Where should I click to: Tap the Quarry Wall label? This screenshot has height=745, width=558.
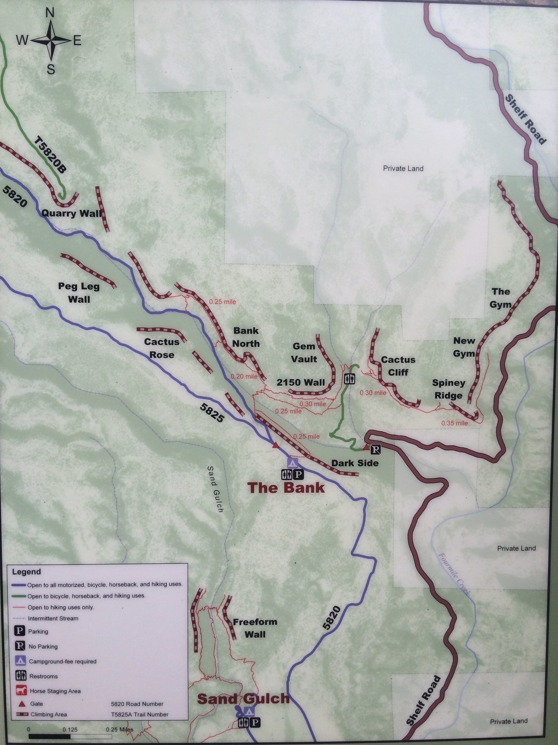[x=71, y=214]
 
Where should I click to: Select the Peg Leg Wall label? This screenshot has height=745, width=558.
[x=79, y=293]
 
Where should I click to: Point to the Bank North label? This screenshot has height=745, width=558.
[x=246, y=337]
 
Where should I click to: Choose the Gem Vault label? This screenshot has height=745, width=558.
[x=304, y=352]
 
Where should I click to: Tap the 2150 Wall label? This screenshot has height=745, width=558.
[x=301, y=382]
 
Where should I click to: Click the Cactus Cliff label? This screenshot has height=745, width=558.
[x=398, y=366]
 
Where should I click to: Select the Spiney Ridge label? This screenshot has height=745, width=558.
[x=448, y=389]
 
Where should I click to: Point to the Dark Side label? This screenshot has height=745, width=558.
[x=355, y=463]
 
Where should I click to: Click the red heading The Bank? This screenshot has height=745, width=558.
[x=286, y=487]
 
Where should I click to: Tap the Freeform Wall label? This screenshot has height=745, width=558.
[x=255, y=628]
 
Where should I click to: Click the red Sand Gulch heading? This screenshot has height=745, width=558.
[x=243, y=699]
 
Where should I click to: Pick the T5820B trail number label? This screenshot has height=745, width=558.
[x=50, y=154]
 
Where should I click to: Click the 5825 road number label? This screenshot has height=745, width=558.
[x=212, y=412]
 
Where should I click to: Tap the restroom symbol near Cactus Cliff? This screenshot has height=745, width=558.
[x=350, y=379]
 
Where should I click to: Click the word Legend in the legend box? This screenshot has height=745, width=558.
[x=26, y=572]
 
